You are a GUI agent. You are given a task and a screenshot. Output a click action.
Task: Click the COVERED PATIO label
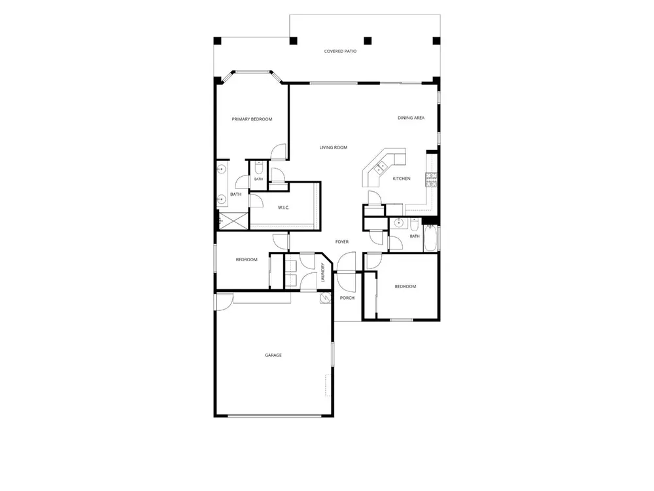(340, 51)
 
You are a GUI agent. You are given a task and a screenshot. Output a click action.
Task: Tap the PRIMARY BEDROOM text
(252, 119)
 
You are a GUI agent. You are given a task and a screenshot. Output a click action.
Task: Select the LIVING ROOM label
(334, 147)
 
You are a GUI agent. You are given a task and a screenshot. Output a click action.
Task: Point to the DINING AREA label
(411, 118)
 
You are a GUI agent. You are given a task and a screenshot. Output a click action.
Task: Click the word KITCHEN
(402, 179)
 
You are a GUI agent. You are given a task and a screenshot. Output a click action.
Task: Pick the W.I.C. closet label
(284, 208)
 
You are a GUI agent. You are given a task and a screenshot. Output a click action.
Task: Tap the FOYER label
(342, 242)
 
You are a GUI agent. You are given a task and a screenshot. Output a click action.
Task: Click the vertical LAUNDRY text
(323, 272)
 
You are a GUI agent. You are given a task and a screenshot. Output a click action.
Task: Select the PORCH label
(347, 298)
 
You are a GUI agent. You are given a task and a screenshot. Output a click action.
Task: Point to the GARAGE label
(273, 355)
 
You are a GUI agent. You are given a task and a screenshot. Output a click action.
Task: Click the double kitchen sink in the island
(381, 167)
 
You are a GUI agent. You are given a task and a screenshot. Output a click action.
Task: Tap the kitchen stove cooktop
(431, 179)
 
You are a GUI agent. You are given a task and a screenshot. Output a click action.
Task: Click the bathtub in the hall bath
(430, 238)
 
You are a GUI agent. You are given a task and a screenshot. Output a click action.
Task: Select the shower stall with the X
(233, 221)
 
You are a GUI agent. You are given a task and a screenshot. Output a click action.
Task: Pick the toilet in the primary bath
(258, 168)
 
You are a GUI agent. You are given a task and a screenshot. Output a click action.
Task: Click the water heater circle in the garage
(324, 298)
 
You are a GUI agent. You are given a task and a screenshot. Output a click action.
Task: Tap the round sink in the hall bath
(398, 223)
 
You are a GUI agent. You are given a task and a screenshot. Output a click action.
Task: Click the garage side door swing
(224, 301)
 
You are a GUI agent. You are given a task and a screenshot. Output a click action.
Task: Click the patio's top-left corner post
(217, 41)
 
